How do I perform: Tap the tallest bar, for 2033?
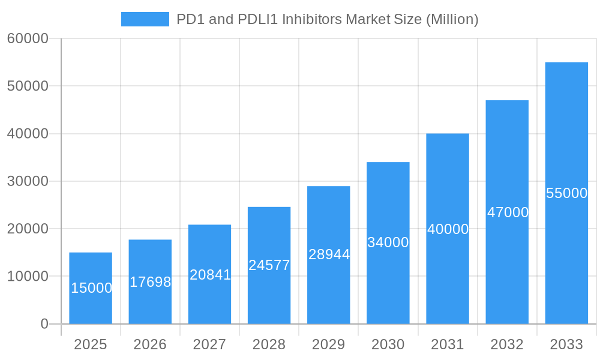click(x=566, y=252)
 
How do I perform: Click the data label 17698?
click(x=151, y=282)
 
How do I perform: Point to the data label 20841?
click(x=210, y=275)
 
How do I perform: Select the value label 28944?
click(x=329, y=254)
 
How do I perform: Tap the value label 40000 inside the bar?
click(x=448, y=229)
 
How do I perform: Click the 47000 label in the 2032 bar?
click(x=508, y=212)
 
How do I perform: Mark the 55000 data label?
click(x=566, y=193)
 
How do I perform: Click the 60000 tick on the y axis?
click(x=28, y=38)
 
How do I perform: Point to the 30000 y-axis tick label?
click(x=28, y=181)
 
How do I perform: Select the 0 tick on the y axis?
click(x=44, y=324)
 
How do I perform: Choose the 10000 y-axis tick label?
click(x=28, y=277)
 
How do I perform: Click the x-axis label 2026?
click(x=150, y=344)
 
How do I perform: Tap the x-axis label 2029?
click(x=329, y=344)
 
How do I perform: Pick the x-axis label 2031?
click(x=448, y=344)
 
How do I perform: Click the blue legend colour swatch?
click(x=145, y=19)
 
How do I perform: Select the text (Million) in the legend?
click(x=452, y=19)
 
